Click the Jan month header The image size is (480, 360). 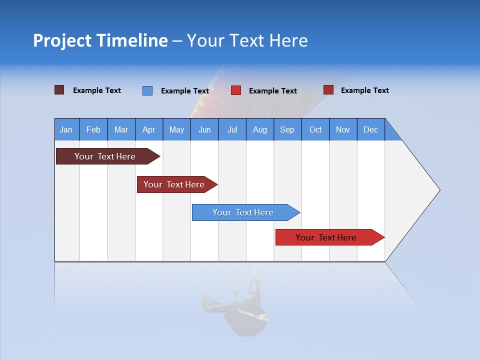tap(66, 129)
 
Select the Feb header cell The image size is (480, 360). tap(93, 129)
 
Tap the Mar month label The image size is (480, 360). tap(121, 129)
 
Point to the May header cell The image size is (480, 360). tap(176, 129)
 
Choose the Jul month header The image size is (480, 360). tap(232, 129)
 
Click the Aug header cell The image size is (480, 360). tap(259, 129)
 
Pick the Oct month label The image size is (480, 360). tap(315, 129)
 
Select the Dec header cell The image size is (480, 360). tap(370, 129)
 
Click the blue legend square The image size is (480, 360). tap(147, 90)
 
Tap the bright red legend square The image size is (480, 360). tap(236, 90)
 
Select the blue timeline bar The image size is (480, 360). tap(243, 212)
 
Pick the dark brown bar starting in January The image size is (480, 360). tap(105, 156)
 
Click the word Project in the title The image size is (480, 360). tap(63, 40)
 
